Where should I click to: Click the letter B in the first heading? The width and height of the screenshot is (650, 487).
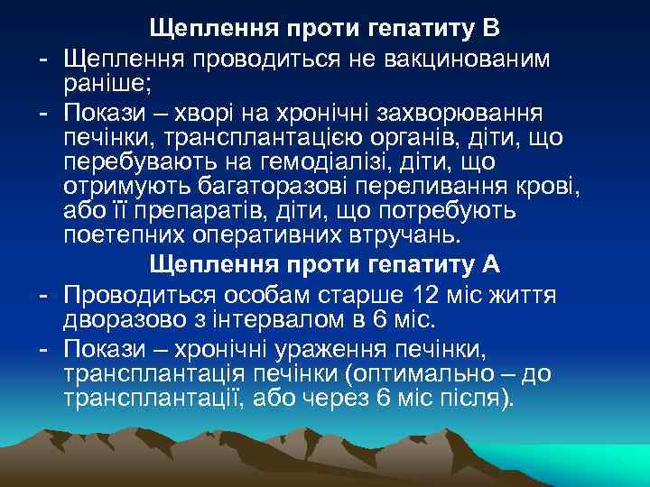(x=488, y=27)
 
